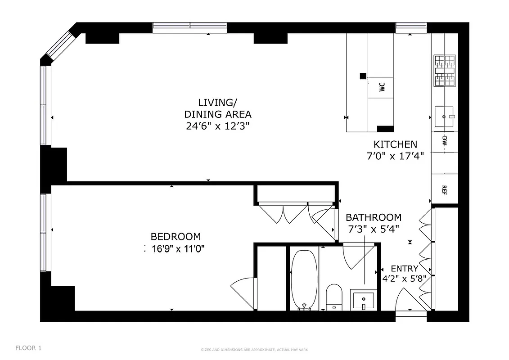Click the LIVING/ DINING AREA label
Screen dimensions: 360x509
pyautogui.click(x=217, y=108)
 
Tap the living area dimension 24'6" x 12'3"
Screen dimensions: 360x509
pyautogui.click(x=217, y=126)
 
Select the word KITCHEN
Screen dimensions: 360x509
pyautogui.click(x=395, y=144)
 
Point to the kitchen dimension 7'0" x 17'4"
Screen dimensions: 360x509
pyautogui.click(x=395, y=157)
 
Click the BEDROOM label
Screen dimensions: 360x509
pyautogui.click(x=176, y=237)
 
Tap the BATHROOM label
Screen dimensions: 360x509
pyautogui.click(x=373, y=217)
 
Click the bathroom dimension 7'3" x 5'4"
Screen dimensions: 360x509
pyautogui.click(x=373, y=229)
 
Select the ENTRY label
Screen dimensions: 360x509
pyautogui.click(x=404, y=269)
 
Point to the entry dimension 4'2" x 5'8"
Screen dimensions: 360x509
pyautogui.click(x=404, y=278)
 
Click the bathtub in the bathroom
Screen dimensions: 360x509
pyautogui.click(x=304, y=279)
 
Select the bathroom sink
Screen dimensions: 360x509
pyautogui.click(x=364, y=300)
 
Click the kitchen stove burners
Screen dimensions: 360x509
pyautogui.click(x=445, y=71)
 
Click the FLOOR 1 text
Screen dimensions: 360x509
pyautogui.click(x=28, y=348)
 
